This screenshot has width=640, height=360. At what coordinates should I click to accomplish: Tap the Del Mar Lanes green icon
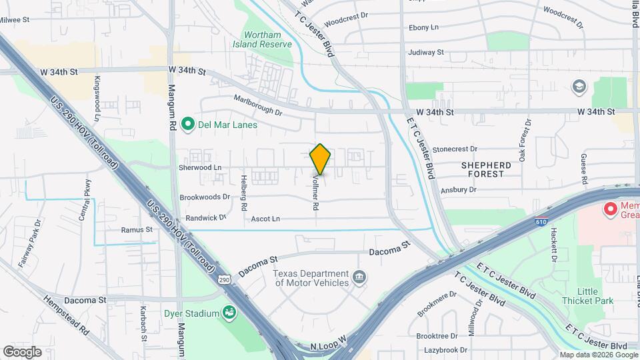pyautogui.click(x=188, y=123)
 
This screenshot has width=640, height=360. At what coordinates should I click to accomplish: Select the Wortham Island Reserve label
pyautogui.click(x=262, y=39)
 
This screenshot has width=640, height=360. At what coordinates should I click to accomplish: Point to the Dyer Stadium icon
pyautogui.click(x=229, y=312)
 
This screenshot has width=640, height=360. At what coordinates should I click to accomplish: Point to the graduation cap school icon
pyautogui.click(x=578, y=86)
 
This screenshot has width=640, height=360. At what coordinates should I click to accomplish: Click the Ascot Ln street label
pyautogui.click(x=265, y=219)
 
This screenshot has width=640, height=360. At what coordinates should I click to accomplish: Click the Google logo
pyautogui.click(x=22, y=351)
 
